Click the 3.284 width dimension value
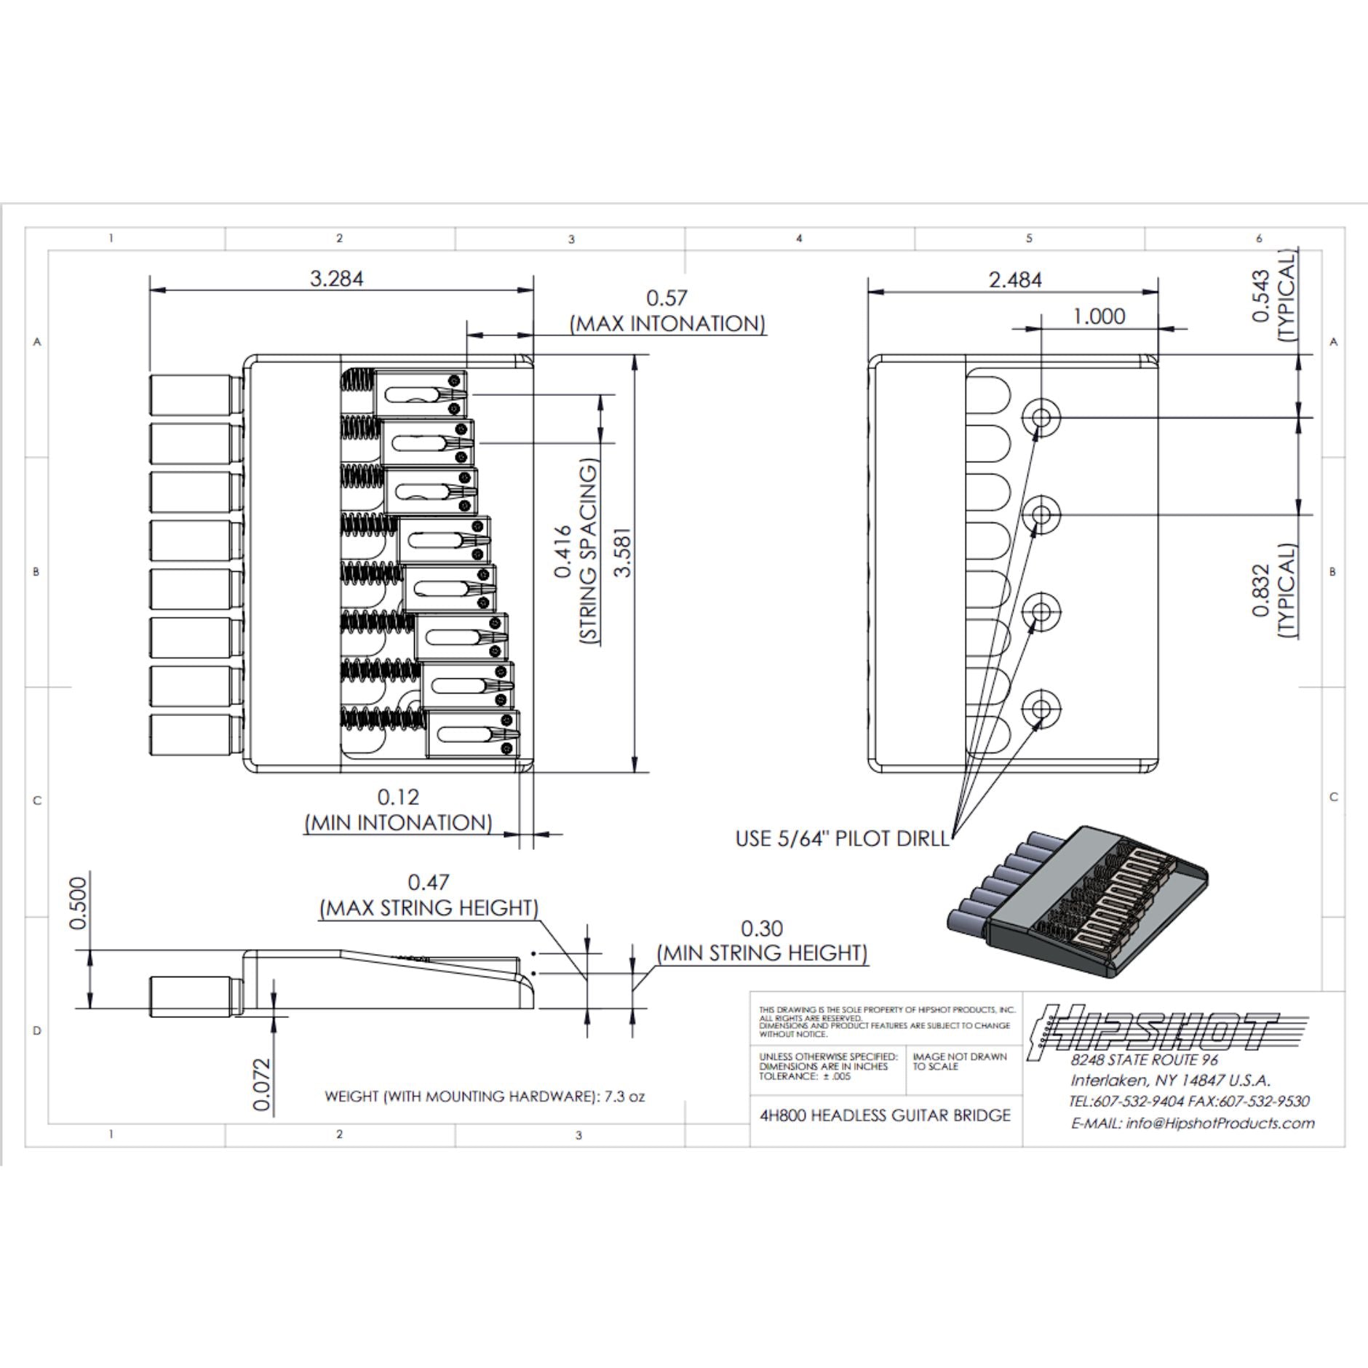point(336,279)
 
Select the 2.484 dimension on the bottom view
point(1014,279)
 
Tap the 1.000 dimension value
point(1099,316)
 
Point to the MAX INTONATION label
point(667,324)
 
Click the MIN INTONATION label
point(398,823)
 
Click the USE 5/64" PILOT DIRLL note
point(842,838)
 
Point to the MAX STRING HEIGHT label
point(429,908)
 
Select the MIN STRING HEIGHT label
point(762,953)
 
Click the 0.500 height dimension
point(78,903)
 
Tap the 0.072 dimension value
point(262,1085)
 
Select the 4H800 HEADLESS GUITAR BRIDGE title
point(885,1116)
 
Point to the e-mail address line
point(1193,1123)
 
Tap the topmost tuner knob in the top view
point(195,395)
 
